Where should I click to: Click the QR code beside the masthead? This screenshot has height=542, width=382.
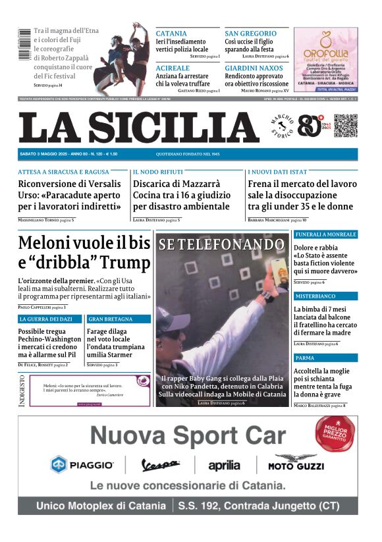pyautogui.click(x=345, y=125)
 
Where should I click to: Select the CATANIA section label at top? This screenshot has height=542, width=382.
pyautogui.click(x=171, y=34)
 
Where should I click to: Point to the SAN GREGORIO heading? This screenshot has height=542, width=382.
pyautogui.click(x=251, y=34)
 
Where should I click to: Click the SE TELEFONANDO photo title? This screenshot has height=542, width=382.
pyautogui.click(x=221, y=245)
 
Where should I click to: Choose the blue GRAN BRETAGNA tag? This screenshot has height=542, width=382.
pyautogui.click(x=110, y=319)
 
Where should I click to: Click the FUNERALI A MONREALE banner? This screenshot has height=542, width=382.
pyautogui.click(x=325, y=234)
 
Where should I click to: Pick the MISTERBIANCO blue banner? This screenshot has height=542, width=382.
pyautogui.click(x=315, y=296)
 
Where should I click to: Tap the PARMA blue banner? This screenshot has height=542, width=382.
pyautogui.click(x=306, y=358)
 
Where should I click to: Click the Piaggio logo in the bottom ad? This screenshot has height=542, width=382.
pyautogui.click(x=83, y=465)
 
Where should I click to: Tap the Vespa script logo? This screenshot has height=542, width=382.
pyautogui.click(x=161, y=466)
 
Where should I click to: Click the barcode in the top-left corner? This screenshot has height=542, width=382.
pyautogui.click(x=24, y=43)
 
